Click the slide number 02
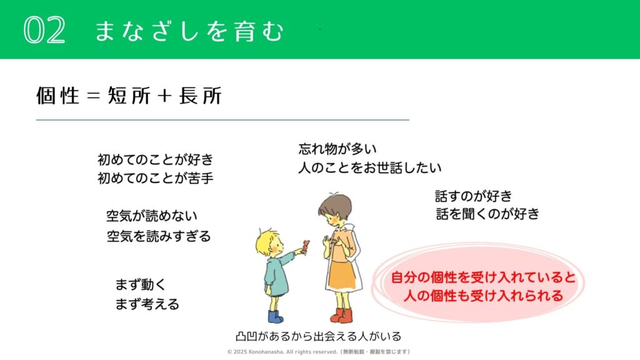pos(44,30)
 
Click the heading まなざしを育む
pos(189,31)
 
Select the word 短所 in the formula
pos(129,96)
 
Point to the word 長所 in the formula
pos(201,96)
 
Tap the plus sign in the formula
pos(165,96)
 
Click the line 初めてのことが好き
pos(155,159)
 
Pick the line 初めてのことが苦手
pos(155,178)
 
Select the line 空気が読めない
pos(151,216)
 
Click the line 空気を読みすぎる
pos(158,236)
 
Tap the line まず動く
pos(141,284)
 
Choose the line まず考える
pos(147,304)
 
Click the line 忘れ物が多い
pos(337,149)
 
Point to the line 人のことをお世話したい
pos(370,167)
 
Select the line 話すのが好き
pos(473,196)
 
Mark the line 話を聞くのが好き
pos(487,214)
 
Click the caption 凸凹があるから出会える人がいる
pos(318,336)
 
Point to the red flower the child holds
pos(304,246)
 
